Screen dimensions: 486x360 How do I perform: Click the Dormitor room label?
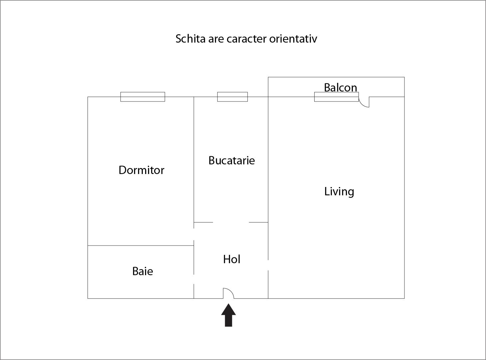(141, 170)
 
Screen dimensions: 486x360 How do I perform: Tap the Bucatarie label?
(232, 160)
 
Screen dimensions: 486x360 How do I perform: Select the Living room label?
(339, 192)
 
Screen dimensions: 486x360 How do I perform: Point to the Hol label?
(232, 259)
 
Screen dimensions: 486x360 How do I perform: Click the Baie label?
(143, 271)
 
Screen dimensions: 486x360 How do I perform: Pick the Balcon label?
(341, 88)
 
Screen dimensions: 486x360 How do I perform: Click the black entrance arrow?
(229, 315)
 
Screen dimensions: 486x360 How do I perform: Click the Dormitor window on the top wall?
(143, 97)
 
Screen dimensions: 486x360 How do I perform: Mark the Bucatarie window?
(232, 97)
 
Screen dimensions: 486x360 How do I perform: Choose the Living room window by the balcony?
(336, 97)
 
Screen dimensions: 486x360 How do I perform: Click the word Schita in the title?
(190, 39)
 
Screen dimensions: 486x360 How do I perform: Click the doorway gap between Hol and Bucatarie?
(231, 222)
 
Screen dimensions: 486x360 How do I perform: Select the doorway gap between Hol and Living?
(268, 265)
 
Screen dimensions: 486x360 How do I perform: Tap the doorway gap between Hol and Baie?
(194, 279)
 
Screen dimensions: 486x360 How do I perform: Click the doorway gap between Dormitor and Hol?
(194, 234)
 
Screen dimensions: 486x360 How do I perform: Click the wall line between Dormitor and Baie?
(141, 246)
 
